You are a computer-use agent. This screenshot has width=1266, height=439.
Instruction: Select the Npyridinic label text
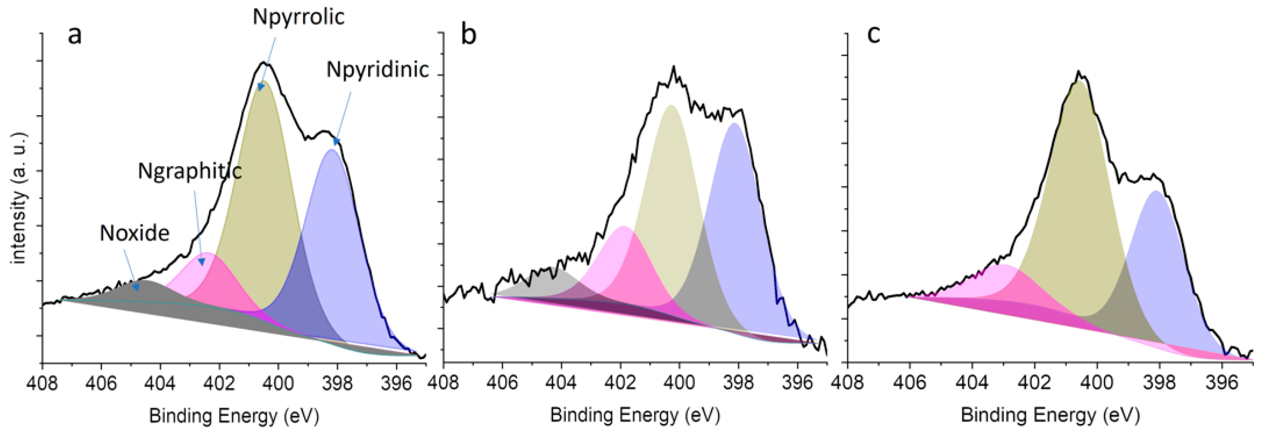click(378, 70)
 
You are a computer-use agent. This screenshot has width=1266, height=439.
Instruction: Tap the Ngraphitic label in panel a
click(190, 171)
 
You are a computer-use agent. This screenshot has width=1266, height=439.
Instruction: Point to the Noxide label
click(134, 233)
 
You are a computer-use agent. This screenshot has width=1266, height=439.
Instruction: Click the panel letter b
click(468, 35)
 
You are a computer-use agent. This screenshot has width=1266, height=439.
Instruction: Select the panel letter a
click(74, 35)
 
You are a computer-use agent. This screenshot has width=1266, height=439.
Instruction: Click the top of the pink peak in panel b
click(623, 227)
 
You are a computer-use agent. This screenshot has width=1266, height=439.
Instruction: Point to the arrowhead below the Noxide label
click(138, 288)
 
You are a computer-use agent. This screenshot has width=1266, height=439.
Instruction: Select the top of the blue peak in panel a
click(331, 150)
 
